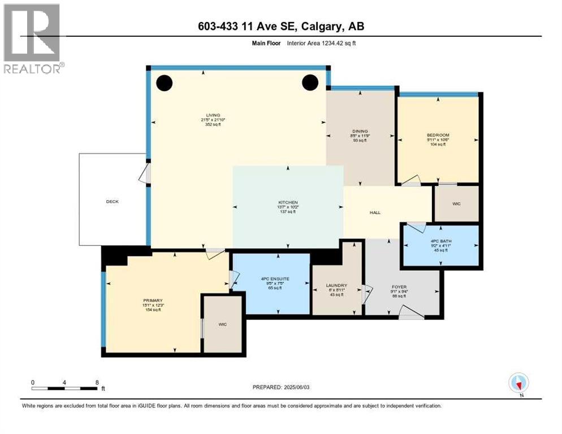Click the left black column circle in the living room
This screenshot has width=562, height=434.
[x=164, y=83]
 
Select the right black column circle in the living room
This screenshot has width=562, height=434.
[x=310, y=83]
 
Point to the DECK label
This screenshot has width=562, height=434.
[x=112, y=202]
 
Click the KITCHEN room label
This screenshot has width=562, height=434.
[x=287, y=202]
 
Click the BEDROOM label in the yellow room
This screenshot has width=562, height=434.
[x=438, y=135]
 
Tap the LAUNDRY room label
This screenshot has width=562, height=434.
[x=336, y=285]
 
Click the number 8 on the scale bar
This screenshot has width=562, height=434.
[x=97, y=382]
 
